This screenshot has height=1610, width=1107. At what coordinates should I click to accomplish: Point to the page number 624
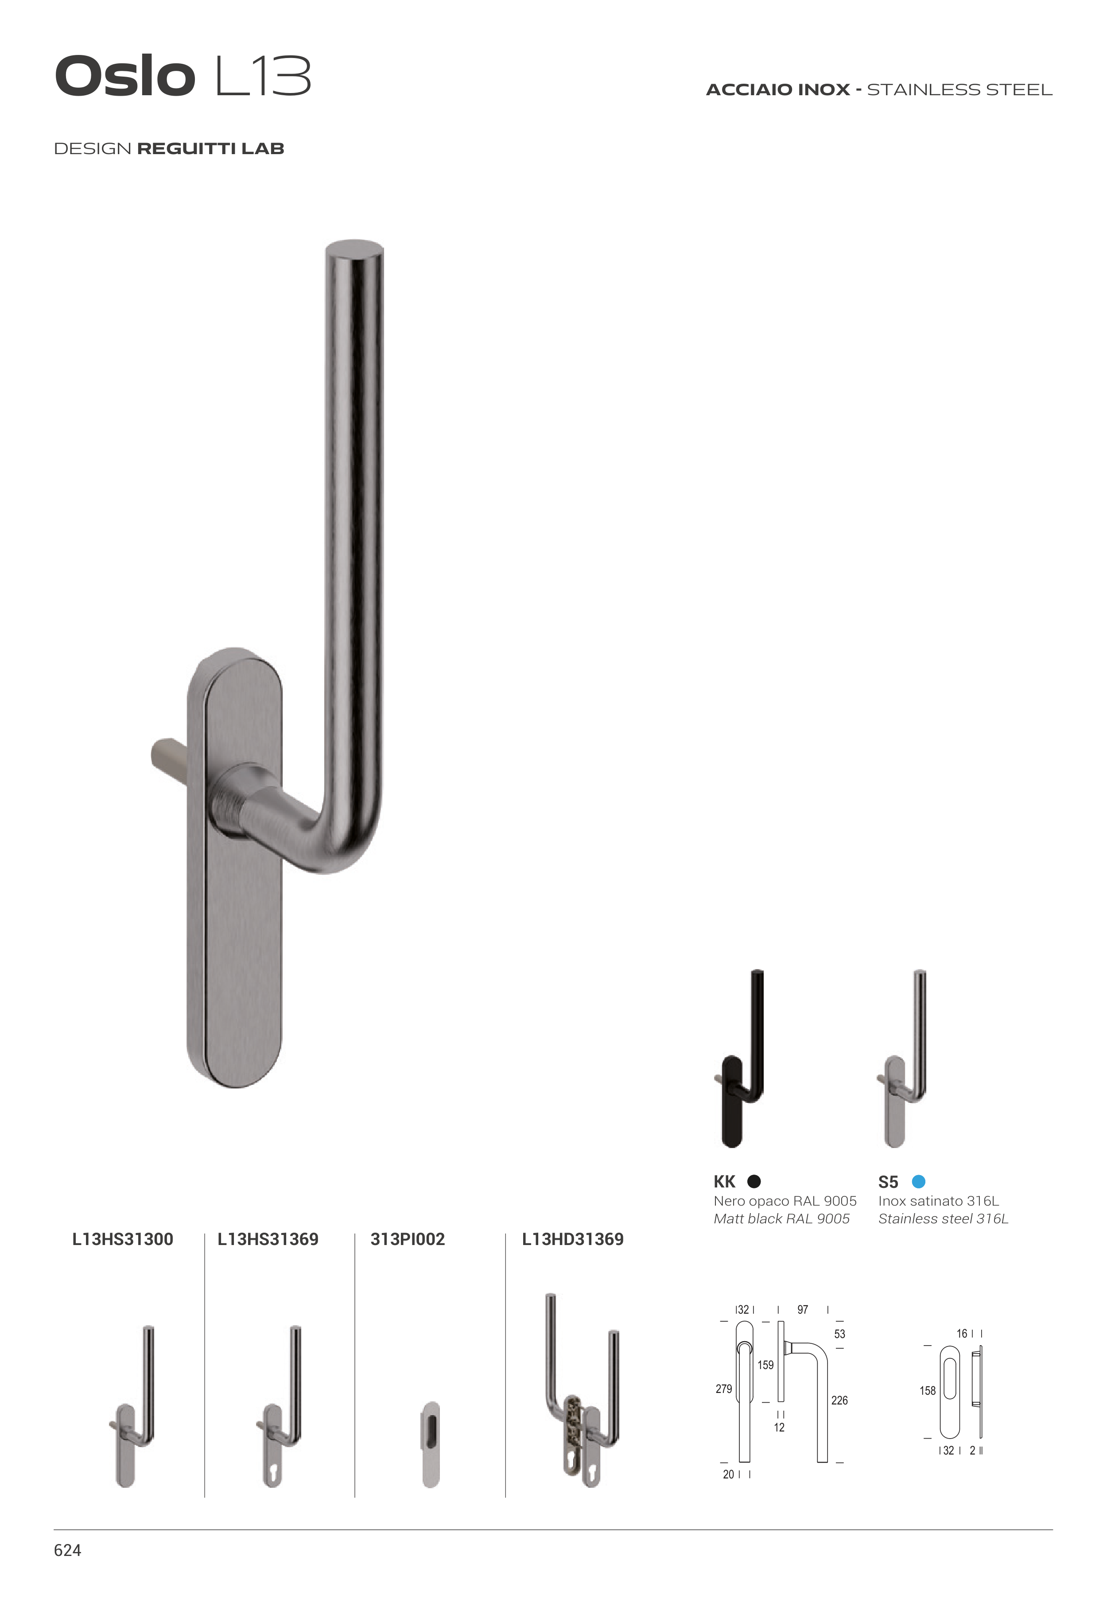coord(67,1550)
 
